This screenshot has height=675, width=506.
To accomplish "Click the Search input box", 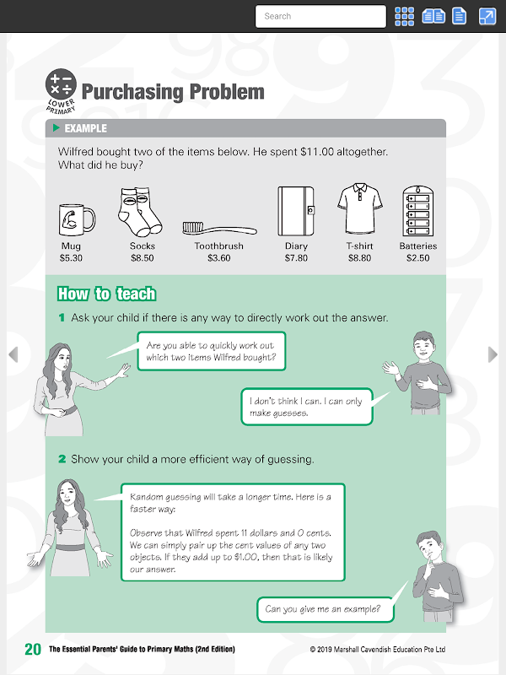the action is coord(320,16).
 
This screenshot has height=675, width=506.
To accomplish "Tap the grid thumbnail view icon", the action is coord(405,16).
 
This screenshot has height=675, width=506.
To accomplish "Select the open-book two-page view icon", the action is coord(433,16).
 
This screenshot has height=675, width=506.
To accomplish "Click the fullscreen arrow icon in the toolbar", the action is coord(487,16).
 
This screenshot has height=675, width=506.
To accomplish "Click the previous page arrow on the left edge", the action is coord(13,354).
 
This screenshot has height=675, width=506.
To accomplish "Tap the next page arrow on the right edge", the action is coord(493,354).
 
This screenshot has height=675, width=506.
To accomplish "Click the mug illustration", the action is coord(77,220).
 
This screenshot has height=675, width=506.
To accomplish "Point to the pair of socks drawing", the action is coord(140,212).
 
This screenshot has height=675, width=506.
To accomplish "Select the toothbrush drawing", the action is coord(219,228).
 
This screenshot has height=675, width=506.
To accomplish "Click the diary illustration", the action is coord(296,211).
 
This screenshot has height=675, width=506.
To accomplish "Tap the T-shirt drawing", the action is coord(360,208).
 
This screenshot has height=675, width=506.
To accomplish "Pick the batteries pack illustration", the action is coord(417,210).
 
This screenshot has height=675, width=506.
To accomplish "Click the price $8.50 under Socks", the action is coord(143,258).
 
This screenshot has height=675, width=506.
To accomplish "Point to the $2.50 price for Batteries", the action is coord(417,258).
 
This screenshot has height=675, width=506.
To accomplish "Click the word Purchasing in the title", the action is coord(132,92).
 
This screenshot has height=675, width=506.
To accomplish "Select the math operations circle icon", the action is coord(61,84).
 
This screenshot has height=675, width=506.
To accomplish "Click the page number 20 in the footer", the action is coord(33,649).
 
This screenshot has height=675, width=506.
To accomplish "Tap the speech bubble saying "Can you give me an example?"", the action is coord(326,609).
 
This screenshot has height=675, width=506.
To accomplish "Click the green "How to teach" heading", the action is coord(106,294).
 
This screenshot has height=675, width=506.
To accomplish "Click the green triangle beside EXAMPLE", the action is coord(56,127).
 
